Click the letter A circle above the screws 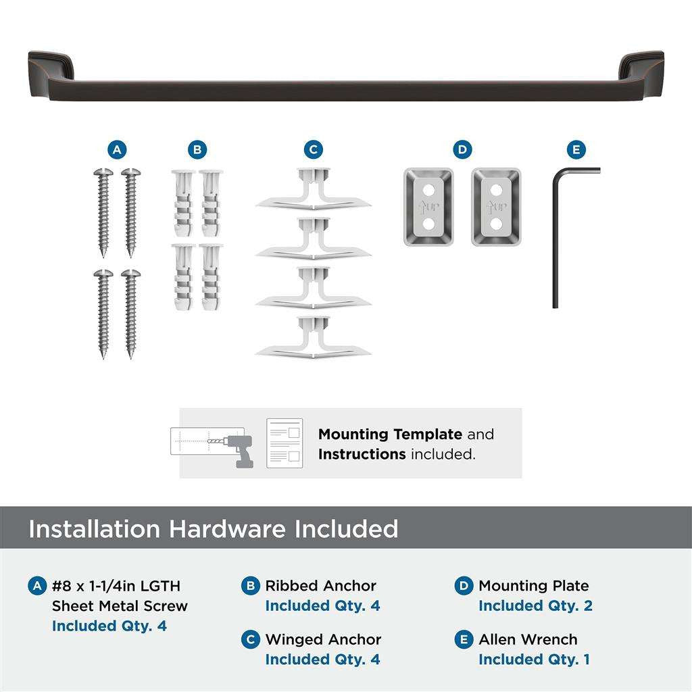pyautogui.click(x=118, y=149)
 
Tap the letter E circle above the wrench pyautogui.click(x=575, y=149)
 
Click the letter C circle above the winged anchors pyautogui.click(x=313, y=149)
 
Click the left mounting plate pyautogui.click(x=428, y=207)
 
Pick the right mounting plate pyautogui.click(x=496, y=207)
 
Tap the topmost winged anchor pyautogui.click(x=313, y=189)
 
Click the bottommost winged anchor pyautogui.click(x=313, y=337)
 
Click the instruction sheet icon pyautogui.click(x=284, y=443)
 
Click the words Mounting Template pyautogui.click(x=390, y=434)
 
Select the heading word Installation pyautogui.click(x=95, y=528)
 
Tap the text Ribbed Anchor pyautogui.click(x=320, y=586)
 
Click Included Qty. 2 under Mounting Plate pyautogui.click(x=535, y=605)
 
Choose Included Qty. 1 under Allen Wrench pyautogui.click(x=534, y=659)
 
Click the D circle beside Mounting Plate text pyautogui.click(x=464, y=586)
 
